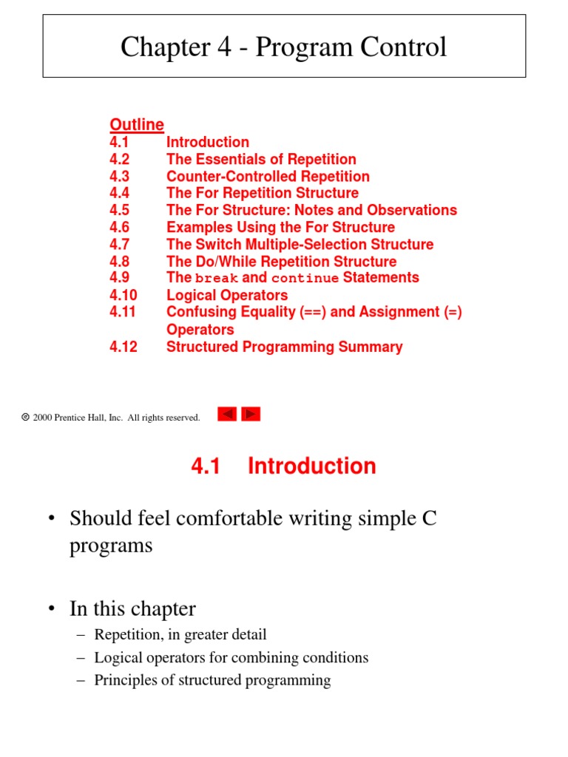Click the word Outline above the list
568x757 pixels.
[137, 124]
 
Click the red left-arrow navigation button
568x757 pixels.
[227, 415]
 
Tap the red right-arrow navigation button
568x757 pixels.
[251, 415]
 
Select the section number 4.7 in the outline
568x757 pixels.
[120, 244]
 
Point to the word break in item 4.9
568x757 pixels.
[217, 279]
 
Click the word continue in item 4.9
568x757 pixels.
[305, 279]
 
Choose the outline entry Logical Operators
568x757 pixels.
[227, 295]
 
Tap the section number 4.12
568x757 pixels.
[124, 347]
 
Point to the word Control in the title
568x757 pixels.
[405, 47]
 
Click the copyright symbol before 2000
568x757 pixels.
[26, 418]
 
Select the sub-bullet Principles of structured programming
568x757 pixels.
[212, 680]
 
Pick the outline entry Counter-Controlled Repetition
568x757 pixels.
[268, 176]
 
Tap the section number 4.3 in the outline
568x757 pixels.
[120, 176]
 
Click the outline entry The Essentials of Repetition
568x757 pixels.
[261, 159]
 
